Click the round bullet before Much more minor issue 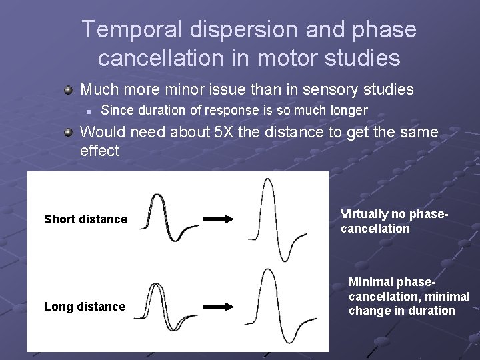68,89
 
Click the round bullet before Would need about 68,133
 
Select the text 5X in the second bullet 224,133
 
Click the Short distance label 85,219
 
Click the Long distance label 85,307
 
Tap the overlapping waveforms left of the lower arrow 168,307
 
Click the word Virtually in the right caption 364,214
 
